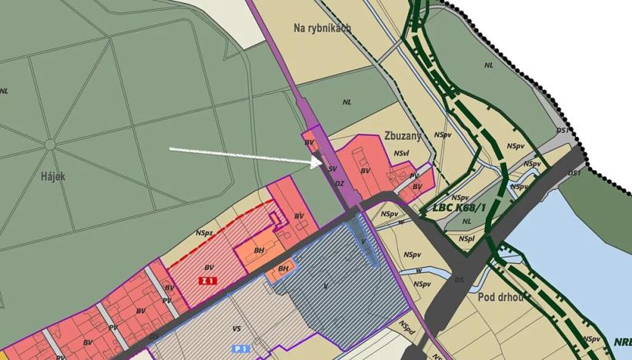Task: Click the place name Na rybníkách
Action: pyautogui.click(x=323, y=28)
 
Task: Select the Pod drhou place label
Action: pyautogui.click(x=500, y=298)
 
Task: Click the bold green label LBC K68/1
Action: pyautogui.click(x=460, y=208)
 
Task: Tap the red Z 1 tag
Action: pyautogui.click(x=206, y=281)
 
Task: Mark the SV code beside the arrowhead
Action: pyautogui.click(x=333, y=168)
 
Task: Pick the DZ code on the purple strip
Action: pyautogui.click(x=339, y=183)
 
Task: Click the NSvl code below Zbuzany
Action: pyautogui.click(x=400, y=154)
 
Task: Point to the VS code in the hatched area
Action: pyautogui.click(x=236, y=328)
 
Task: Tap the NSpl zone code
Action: pyautogui.click(x=466, y=239)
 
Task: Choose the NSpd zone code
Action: pyautogui.click(x=407, y=325)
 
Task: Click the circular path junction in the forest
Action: pyautogui.click(x=50, y=144)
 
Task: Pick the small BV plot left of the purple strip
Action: pyautogui.click(x=309, y=143)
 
